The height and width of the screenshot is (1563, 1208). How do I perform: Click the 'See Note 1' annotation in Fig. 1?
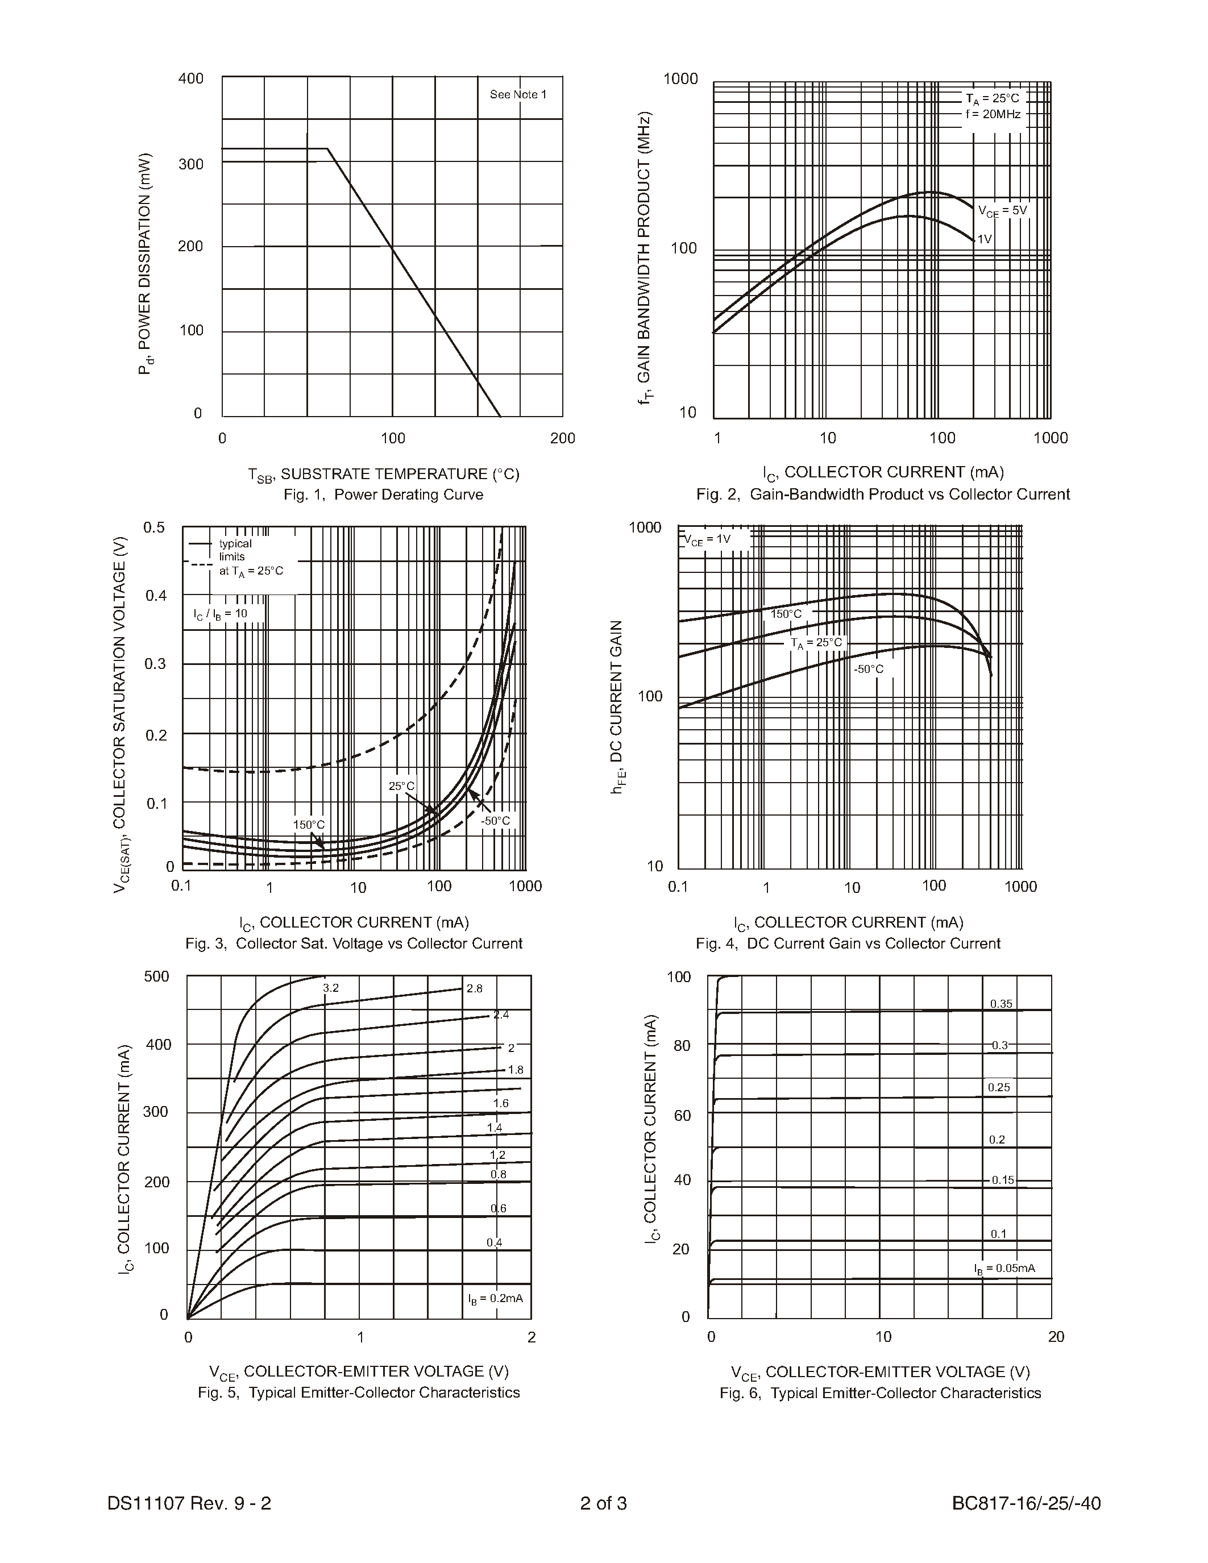pos(517,94)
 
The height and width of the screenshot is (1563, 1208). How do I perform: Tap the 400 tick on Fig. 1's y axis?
pos(190,78)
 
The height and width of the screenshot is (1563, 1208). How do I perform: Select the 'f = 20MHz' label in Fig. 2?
pos(993,114)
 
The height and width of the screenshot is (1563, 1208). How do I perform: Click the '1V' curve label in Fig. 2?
pos(985,239)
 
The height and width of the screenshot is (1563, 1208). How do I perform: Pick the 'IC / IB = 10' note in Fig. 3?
pos(219,614)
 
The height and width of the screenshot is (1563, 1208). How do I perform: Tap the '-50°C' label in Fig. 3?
pos(495,820)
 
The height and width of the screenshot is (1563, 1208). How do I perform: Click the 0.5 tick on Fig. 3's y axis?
pos(154,527)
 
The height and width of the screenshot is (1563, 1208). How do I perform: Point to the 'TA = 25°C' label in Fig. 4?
pos(816,643)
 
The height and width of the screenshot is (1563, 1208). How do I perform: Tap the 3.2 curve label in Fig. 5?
pos(331,988)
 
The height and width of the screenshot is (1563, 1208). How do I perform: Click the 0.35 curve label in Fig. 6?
pos(1001,1004)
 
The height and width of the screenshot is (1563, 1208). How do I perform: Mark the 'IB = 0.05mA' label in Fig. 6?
pos(1004,1268)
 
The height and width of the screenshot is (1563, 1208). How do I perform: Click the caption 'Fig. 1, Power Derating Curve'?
pos(383,494)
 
